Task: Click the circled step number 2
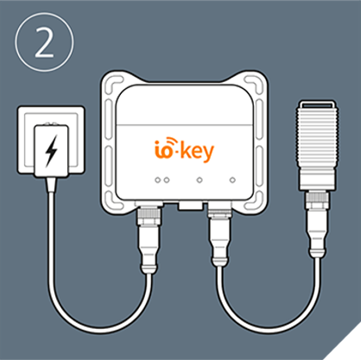pyautogui.click(x=44, y=42)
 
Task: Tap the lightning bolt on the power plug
pyautogui.click(x=51, y=151)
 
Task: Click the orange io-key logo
pyautogui.click(x=184, y=149)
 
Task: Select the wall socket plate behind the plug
pyautogui.click(x=51, y=140)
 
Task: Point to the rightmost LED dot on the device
pyautogui.click(x=232, y=180)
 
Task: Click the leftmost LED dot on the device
pyautogui.click(x=157, y=180)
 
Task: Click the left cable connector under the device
pyautogui.click(x=149, y=239)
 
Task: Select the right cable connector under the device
pyautogui.click(x=220, y=236)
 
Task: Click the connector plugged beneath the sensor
pyautogui.click(x=317, y=224)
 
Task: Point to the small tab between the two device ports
pyautogui.click(x=190, y=205)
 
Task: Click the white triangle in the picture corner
pyautogui.click(x=347, y=348)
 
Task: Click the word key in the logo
pyautogui.click(x=199, y=151)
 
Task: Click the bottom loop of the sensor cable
pyautogui.click(x=269, y=327)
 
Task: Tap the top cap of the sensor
pyautogui.click(x=317, y=104)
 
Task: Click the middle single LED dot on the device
pyautogui.click(x=199, y=180)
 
